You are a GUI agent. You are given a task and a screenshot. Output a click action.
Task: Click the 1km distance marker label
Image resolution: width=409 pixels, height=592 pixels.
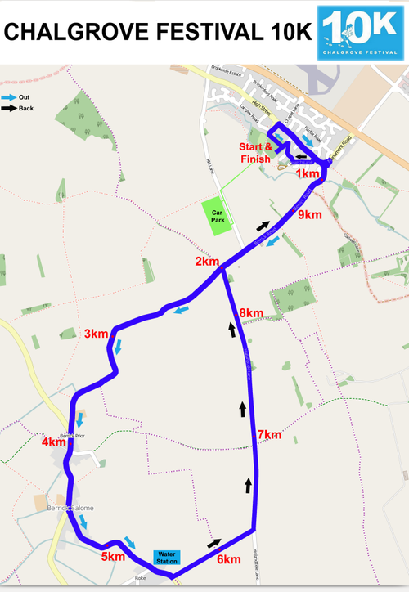click(x=308, y=174)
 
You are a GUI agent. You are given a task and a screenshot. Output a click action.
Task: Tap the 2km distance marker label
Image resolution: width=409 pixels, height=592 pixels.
click(x=207, y=262)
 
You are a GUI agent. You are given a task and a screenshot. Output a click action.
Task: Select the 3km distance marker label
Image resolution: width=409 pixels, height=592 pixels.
click(x=96, y=333)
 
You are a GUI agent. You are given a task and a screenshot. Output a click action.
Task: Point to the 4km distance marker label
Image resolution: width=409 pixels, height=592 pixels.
click(x=53, y=442)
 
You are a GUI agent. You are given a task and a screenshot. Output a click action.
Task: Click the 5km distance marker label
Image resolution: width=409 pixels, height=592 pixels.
click(x=113, y=557)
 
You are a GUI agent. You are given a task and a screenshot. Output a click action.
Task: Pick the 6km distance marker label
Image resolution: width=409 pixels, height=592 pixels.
click(x=228, y=559)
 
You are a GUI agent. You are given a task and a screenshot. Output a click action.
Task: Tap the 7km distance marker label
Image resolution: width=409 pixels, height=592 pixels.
click(x=269, y=434)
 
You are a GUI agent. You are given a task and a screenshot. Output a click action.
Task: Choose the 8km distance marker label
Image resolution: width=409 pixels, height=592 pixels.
click(x=251, y=313)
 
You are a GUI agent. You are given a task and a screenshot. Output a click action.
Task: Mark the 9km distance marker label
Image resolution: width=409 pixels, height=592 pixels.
click(x=310, y=215)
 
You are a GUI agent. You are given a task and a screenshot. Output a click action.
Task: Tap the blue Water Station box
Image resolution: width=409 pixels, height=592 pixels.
click(x=166, y=558)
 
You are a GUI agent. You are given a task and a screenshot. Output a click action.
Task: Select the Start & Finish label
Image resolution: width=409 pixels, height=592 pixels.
click(x=254, y=152)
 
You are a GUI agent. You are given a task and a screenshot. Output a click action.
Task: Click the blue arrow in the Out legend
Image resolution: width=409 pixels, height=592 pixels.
click(x=9, y=97)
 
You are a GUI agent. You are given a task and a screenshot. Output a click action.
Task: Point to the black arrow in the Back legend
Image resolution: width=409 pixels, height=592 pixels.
click(x=9, y=108)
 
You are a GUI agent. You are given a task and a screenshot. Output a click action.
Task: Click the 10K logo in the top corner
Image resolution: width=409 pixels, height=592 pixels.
click(x=362, y=33)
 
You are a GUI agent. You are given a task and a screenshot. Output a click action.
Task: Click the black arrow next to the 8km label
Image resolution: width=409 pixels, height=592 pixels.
click(x=232, y=329)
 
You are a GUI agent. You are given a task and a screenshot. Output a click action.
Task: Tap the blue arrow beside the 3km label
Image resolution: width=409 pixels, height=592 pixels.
click(x=119, y=347)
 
